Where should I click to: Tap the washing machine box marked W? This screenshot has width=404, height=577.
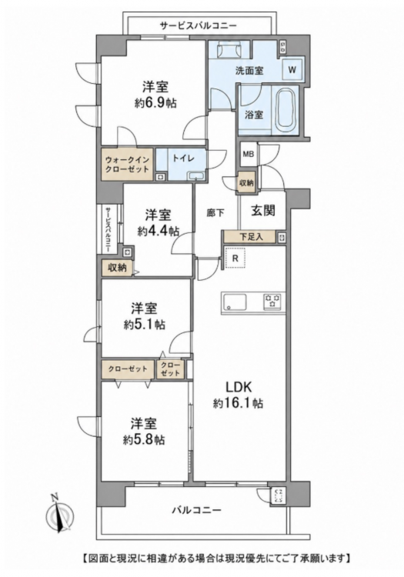click(x=292, y=69)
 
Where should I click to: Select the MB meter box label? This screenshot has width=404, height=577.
click(x=249, y=155)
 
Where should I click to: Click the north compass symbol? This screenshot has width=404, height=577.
click(x=59, y=514)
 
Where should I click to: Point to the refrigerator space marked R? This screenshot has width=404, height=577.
click(x=235, y=258)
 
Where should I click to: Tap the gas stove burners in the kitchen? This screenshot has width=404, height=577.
click(x=272, y=300)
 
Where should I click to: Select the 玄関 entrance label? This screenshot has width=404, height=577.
click(x=263, y=211)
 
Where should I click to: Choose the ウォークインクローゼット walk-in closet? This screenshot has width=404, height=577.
click(x=127, y=165)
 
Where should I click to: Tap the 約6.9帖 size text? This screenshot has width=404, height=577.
click(x=155, y=103)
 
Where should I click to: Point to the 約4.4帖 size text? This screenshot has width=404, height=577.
click(x=159, y=231)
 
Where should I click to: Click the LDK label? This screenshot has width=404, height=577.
click(x=238, y=387)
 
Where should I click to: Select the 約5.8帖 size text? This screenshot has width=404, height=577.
click(x=143, y=440)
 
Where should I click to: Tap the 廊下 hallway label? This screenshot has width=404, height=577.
click(x=215, y=212)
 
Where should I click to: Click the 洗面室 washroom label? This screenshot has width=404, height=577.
click(x=249, y=70)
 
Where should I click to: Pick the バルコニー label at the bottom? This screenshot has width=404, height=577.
click(x=197, y=510)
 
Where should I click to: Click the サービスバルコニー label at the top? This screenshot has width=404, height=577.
click(x=198, y=25)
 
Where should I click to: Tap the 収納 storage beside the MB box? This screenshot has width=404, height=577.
click(x=246, y=182)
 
